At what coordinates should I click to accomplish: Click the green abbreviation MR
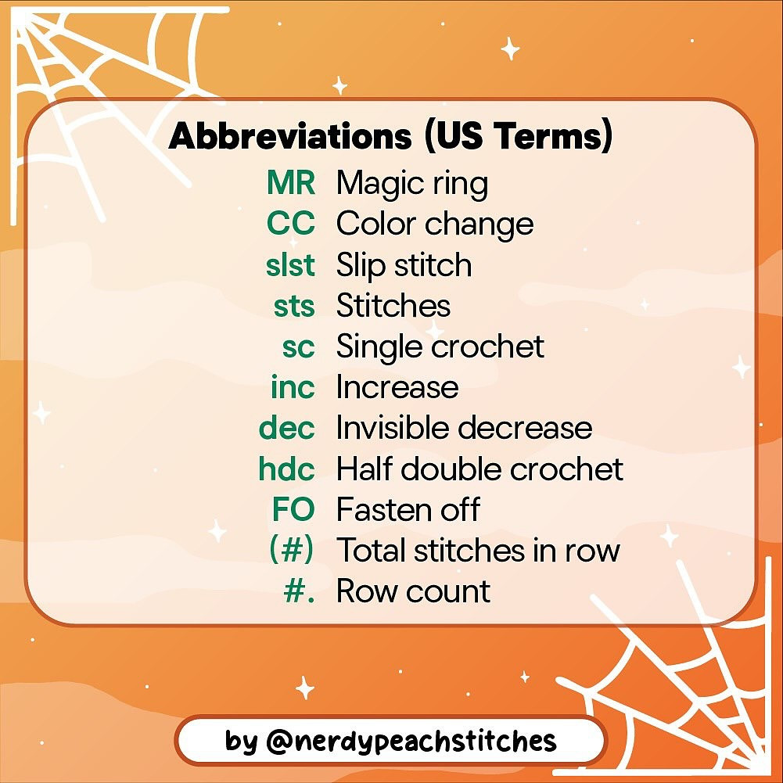tap(290, 184)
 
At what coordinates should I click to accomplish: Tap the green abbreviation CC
tap(290, 224)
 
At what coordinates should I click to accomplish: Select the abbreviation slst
tap(290, 265)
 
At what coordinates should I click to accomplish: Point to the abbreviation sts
tap(294, 306)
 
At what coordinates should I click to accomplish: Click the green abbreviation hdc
tap(286, 469)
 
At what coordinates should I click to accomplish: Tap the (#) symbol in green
tap(291, 550)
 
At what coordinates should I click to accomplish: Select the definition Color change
tap(435, 224)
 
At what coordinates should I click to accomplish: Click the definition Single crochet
tap(440, 347)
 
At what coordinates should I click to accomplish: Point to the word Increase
tap(397, 387)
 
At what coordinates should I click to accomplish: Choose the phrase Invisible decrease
tap(464, 428)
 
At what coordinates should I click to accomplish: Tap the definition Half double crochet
tap(479, 469)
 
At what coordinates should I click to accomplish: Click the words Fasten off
tap(408, 509)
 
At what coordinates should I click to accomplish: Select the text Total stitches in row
tap(478, 550)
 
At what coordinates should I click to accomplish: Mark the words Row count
tap(413, 591)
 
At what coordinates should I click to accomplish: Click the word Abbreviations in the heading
tap(290, 137)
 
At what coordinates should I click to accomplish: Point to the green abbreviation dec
tap(287, 428)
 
